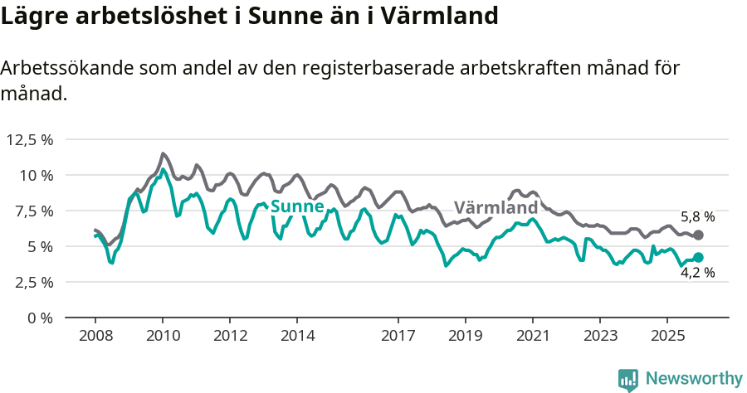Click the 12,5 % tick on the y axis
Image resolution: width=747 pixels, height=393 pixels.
30,139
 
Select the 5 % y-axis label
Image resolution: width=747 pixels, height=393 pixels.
40,246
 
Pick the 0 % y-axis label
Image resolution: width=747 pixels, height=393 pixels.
40,318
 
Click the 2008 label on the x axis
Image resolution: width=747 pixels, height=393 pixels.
95,336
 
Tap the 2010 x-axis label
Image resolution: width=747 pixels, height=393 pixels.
163,336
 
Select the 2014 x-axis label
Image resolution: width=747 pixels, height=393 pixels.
297,336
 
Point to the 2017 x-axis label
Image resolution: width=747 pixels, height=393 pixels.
398,336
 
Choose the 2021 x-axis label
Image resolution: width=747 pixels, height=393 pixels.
532,336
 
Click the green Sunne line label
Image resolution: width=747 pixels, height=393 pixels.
297,206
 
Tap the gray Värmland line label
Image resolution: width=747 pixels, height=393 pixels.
496,207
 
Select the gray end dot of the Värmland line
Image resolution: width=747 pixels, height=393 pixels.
698,235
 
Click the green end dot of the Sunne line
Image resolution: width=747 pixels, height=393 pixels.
698,258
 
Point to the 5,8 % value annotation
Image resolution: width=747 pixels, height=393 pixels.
697,217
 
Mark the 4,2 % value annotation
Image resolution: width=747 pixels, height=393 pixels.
697,273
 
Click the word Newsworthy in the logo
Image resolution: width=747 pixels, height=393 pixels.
693,378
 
